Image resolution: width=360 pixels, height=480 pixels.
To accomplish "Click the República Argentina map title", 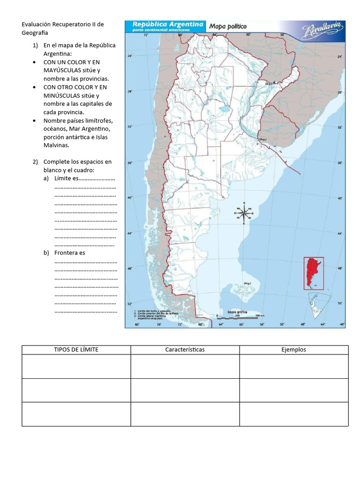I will (x=167, y=24).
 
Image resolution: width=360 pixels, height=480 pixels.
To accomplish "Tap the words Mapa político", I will (x=228, y=26).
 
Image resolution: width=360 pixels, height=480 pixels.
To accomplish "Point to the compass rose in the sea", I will (x=244, y=213).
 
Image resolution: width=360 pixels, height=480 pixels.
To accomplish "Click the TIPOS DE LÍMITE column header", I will (x=76, y=350).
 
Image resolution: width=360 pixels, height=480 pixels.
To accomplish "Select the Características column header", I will (x=185, y=350).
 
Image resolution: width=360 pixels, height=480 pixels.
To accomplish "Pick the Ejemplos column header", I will (x=293, y=350).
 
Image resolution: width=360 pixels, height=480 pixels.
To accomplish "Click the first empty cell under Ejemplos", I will (x=293, y=366).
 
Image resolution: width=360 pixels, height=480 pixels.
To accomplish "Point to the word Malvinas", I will (x=55, y=145).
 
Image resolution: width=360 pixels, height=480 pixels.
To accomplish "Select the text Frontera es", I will (x=70, y=253).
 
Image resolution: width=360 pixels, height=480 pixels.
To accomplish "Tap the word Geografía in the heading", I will (x=35, y=33).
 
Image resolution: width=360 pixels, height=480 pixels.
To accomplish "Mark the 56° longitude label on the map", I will (x=262, y=324).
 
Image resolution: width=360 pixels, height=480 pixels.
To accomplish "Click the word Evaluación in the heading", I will (x=38, y=24).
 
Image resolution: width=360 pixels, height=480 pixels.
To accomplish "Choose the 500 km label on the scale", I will (x=260, y=315).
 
